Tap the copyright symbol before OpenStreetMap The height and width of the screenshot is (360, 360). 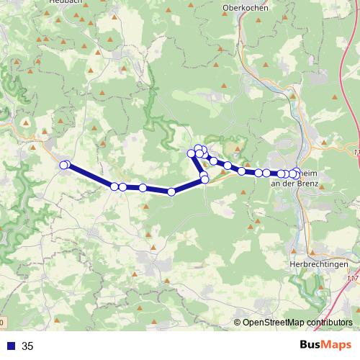point(238,323)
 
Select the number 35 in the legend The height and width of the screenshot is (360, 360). point(27,346)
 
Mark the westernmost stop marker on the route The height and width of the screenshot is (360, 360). point(63,166)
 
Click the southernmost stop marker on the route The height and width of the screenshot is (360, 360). point(171,192)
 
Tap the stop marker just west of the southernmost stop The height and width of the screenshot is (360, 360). point(143,188)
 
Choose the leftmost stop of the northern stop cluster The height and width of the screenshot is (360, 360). point(192,153)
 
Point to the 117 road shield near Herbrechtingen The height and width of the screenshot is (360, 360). point(353,277)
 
